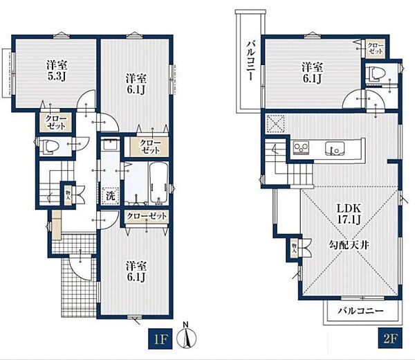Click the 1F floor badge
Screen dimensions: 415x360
point(160,339)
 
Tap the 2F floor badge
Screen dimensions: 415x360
point(390,338)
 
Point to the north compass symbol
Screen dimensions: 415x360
point(187,336)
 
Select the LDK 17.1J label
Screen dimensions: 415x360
point(349,214)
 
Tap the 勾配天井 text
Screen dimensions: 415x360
point(349,245)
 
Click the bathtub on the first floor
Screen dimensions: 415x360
point(158,183)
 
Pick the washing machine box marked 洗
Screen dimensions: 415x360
point(111,196)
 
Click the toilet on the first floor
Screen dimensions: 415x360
point(48,147)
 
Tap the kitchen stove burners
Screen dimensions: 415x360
point(301,147)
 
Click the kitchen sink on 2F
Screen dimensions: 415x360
point(335,147)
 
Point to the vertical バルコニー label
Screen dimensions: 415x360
point(251,60)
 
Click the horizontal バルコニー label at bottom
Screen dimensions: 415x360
point(360,310)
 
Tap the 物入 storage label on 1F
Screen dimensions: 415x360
point(68,193)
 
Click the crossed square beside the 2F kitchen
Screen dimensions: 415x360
point(275,124)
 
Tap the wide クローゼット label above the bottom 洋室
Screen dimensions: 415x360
point(147,217)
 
